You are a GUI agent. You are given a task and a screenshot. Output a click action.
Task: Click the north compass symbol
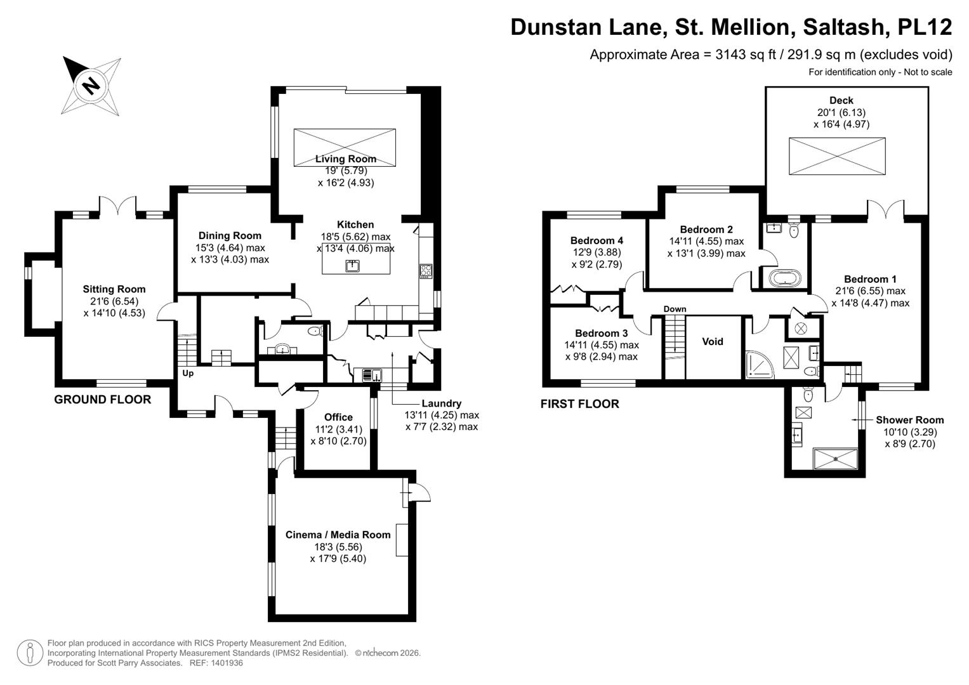point(92,85)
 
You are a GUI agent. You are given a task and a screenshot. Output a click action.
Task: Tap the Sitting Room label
point(114,289)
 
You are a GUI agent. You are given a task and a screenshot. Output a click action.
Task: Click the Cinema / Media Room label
point(338,535)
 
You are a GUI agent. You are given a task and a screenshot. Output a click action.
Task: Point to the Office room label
point(338,417)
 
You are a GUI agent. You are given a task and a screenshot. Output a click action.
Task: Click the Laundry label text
point(441,403)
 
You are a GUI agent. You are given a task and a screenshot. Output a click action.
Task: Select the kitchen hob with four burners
point(425,271)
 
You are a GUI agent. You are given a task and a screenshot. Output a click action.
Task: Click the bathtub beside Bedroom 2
point(785,278)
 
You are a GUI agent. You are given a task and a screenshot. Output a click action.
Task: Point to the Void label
point(713,342)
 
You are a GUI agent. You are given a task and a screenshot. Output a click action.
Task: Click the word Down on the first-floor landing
point(675,310)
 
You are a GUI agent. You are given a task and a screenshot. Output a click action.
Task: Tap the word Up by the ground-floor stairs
point(188,374)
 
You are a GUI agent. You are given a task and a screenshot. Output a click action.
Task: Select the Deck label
point(841,100)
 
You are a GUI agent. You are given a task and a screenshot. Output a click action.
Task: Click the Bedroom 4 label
point(597,240)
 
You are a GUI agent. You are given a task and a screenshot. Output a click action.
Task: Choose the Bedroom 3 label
point(601,334)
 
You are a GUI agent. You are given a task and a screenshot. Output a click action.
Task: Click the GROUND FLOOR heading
point(103,400)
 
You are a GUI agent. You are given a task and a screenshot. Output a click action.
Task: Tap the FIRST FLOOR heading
point(579,404)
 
